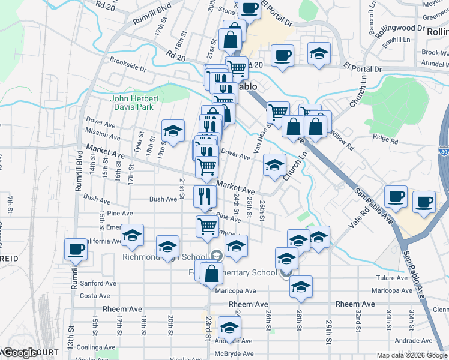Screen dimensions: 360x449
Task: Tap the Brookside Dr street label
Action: click(x=128, y=64)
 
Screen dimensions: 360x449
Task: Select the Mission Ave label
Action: click(x=98, y=130)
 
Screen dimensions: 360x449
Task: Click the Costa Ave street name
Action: click(x=95, y=296)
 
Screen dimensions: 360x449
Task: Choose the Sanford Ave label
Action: click(x=98, y=283)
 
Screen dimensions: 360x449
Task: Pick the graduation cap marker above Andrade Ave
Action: click(x=229, y=328)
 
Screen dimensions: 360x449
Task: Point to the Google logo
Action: click(x=22, y=353)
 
